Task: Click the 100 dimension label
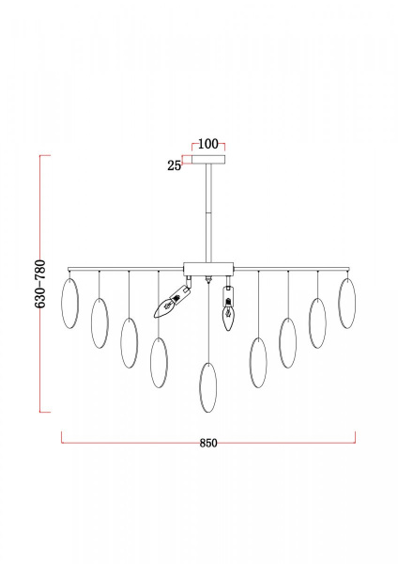pos(208,144)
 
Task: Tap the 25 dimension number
pos(175,165)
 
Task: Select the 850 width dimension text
pos(208,443)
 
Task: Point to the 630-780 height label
pos(40,284)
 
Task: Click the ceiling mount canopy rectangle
pos(208,160)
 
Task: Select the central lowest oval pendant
pos(208,387)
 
